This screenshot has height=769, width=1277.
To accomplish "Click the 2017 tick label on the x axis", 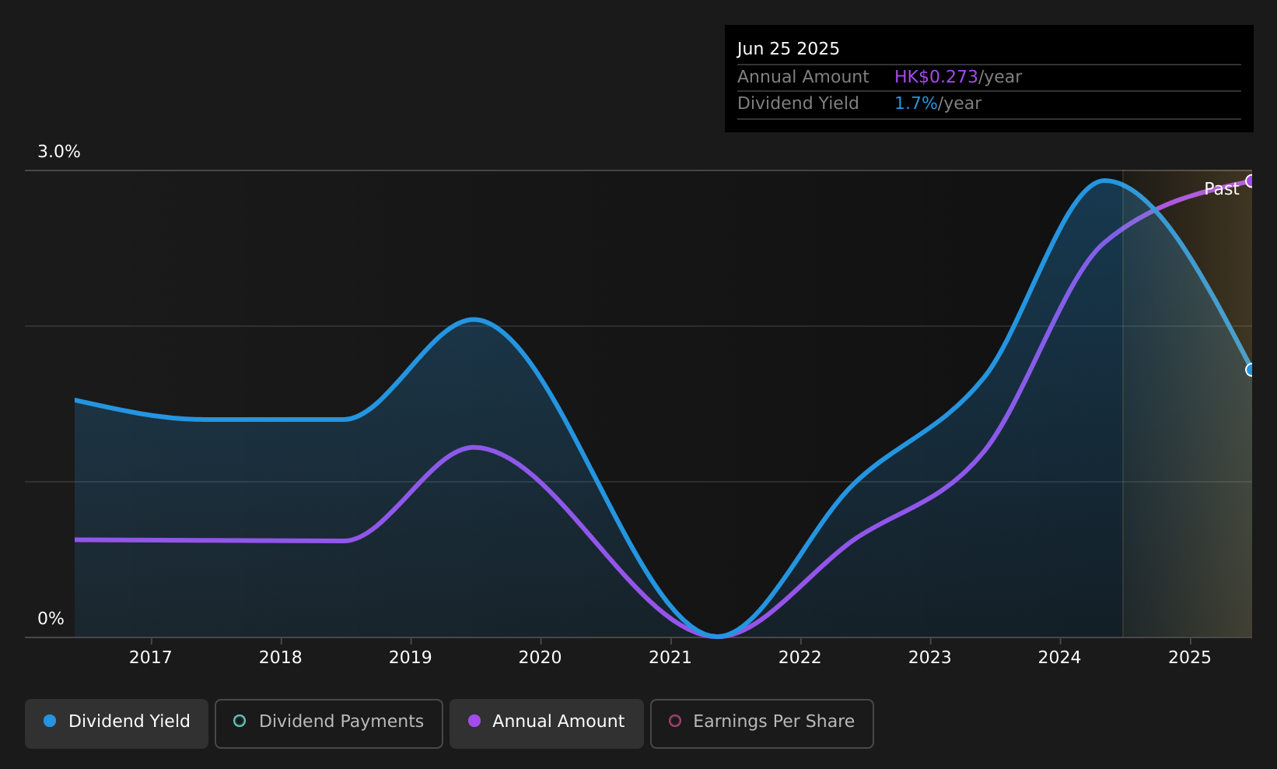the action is point(151,658).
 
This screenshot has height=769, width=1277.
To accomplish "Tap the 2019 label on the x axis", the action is point(411,658).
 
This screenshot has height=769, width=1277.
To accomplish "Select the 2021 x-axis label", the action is point(670,658).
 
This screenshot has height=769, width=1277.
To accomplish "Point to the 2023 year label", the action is point(930,658).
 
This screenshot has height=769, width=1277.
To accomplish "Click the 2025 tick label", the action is point(1190,658).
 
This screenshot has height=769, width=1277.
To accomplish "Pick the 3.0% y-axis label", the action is point(59,152).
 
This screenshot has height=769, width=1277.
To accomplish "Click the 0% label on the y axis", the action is point(51,619).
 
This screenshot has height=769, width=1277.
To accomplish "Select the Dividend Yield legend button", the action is point(117,723).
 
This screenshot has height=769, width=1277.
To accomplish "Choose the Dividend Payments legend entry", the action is point(328,723).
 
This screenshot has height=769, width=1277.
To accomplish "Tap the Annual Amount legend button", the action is point(546,723).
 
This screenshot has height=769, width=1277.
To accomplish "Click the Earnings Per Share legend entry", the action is point(761,723).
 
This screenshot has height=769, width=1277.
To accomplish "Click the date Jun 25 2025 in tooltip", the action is point(788,49).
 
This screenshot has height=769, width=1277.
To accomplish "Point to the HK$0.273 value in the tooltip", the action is point(936,77).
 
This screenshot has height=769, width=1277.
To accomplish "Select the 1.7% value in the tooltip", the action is point(915,104).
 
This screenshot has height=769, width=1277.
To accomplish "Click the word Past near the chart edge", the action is point(1222,189).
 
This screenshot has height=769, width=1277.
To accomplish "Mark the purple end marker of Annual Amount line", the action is point(1251,181).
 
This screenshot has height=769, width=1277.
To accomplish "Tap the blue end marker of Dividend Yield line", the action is point(1251,370).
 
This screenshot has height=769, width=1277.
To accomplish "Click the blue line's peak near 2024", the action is point(1105,181).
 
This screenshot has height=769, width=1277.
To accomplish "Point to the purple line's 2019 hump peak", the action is point(474,448).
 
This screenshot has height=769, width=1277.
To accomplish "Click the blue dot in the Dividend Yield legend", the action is point(51,721).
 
